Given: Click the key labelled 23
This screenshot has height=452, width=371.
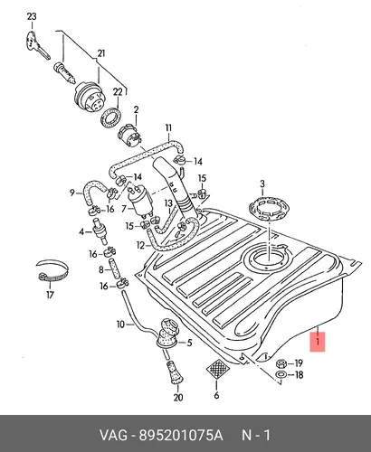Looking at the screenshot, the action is pyautogui.click(x=36, y=45).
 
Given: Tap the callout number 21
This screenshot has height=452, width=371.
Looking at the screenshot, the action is pyautogui.click(x=101, y=53).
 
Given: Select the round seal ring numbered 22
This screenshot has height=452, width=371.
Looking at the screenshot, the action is pyautogui.click(x=112, y=119).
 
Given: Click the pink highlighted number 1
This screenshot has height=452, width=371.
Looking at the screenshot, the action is pyautogui.click(x=318, y=342).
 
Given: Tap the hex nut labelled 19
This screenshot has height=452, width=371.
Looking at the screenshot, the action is pyautogui.click(x=281, y=363).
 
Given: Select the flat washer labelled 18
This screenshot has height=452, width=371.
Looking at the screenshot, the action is pyautogui.click(x=281, y=375).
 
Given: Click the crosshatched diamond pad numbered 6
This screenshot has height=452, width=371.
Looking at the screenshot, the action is pyautogui.click(x=217, y=369).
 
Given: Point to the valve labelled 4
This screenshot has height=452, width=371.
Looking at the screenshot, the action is pyautogui.click(x=100, y=231).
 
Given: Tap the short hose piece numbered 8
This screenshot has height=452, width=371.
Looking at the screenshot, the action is pyautogui.click(x=116, y=268).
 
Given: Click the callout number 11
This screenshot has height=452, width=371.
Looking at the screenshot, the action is pyautogui.click(x=168, y=127).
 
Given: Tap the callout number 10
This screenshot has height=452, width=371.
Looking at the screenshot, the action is pyautogui.click(x=120, y=325).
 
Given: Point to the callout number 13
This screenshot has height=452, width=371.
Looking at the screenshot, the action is pyautogui.click(x=168, y=203).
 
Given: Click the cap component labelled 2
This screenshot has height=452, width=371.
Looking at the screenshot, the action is pyautogui.click(x=129, y=135).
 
